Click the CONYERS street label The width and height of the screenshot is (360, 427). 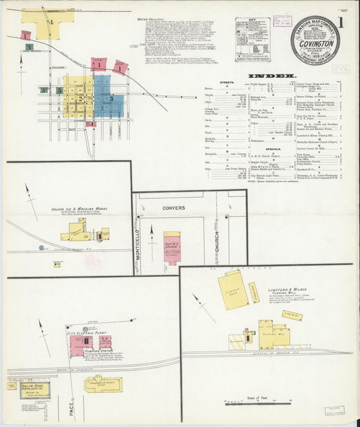[175, 208]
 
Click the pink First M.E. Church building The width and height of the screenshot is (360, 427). [172, 248]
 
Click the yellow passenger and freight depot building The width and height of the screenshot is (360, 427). [103, 384]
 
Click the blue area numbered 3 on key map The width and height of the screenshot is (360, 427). [109, 97]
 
